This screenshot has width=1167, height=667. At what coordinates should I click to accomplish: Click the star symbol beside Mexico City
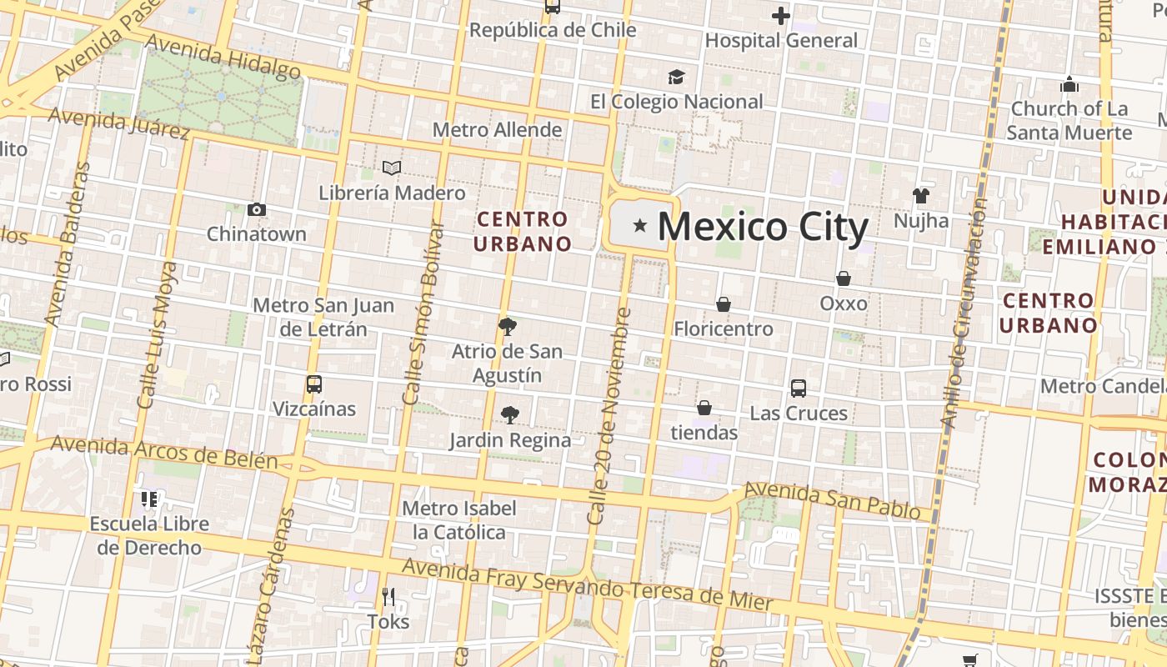click(x=640, y=225)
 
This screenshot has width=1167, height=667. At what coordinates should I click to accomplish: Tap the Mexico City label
click(x=764, y=227)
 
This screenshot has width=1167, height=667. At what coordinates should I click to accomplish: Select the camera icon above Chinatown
click(x=257, y=209)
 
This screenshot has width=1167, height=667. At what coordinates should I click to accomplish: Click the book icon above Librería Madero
click(x=392, y=168)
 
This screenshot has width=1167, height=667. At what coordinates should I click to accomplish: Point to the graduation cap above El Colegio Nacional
click(x=676, y=77)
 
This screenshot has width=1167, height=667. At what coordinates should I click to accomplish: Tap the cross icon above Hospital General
click(x=780, y=15)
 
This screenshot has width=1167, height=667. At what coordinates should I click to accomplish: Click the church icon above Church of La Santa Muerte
click(x=1069, y=84)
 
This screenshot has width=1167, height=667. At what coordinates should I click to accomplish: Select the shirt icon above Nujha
click(x=920, y=196)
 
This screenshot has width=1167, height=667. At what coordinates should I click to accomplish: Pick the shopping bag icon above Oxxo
click(x=844, y=278)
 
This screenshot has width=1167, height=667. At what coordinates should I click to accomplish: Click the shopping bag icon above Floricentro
click(x=724, y=304)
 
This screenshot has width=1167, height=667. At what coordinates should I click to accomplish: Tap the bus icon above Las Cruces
click(x=799, y=388)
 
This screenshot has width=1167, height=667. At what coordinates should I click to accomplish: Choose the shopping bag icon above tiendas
click(x=704, y=408)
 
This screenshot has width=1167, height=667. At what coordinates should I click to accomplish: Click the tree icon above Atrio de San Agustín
click(x=507, y=326)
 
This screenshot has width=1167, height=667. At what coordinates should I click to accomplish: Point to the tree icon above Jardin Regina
click(x=510, y=414)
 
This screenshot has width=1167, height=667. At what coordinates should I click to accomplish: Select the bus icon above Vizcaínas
click(x=314, y=384)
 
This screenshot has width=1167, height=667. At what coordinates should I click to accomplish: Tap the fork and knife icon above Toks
click(x=388, y=596)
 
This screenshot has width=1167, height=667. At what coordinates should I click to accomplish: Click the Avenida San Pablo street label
click(x=831, y=499)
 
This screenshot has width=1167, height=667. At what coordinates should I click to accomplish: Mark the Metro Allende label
click(x=497, y=130)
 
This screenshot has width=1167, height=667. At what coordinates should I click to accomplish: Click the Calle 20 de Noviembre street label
click(x=609, y=417)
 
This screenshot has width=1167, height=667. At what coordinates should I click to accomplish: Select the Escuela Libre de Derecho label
click(x=149, y=535)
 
